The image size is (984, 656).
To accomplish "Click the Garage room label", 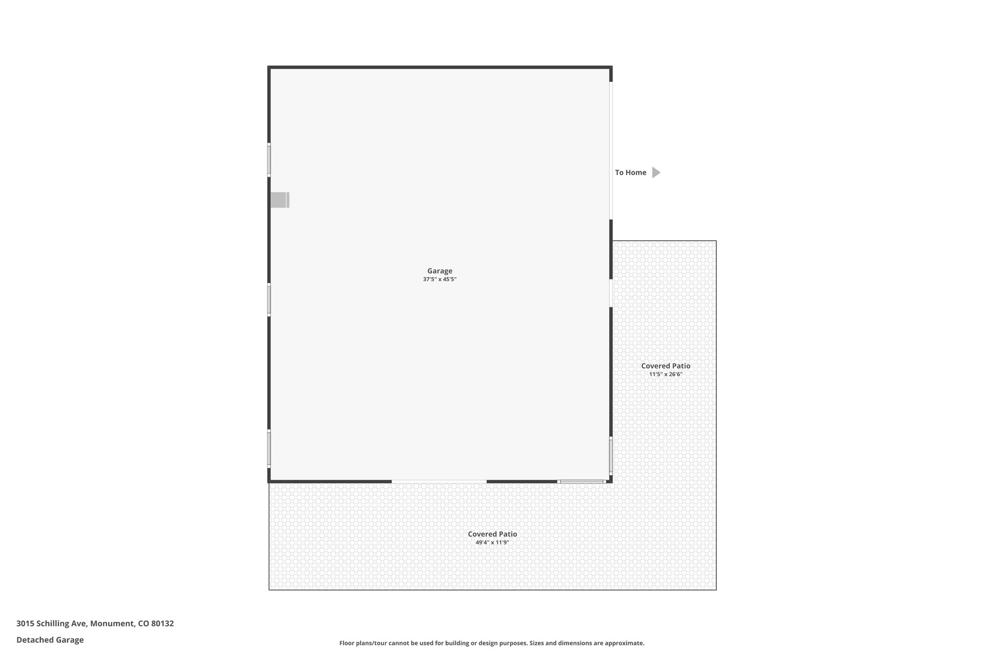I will [x=440, y=271].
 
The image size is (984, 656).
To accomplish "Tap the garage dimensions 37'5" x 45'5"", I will [x=440, y=279].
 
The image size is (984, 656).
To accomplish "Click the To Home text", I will [x=630, y=173].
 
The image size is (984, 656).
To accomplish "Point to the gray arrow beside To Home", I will [x=656, y=173].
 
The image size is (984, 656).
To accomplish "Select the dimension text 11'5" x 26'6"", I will [x=665, y=374].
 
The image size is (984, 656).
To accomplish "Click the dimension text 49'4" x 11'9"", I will [x=492, y=543].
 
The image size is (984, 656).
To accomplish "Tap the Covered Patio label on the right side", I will [x=665, y=366].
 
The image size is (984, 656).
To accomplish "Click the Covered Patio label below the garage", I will [x=492, y=534].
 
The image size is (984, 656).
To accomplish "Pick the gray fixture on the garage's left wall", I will [x=280, y=200].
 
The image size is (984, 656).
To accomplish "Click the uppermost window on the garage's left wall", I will [x=269, y=160].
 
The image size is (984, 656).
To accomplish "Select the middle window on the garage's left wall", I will [x=269, y=300].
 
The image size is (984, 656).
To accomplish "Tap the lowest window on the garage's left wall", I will [x=269, y=448].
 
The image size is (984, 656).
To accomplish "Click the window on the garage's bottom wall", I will [x=581, y=481].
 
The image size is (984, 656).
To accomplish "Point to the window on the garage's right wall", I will [x=611, y=455].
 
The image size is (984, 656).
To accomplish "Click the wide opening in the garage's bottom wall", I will [x=439, y=481].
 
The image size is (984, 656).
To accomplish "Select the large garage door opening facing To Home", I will [x=611, y=150].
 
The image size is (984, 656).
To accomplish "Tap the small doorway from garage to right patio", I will [x=611, y=293].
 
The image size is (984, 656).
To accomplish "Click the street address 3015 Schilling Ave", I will [x=95, y=624].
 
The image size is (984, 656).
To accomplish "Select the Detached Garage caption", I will [x=50, y=640].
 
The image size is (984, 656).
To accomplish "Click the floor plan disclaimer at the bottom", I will [x=492, y=643].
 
